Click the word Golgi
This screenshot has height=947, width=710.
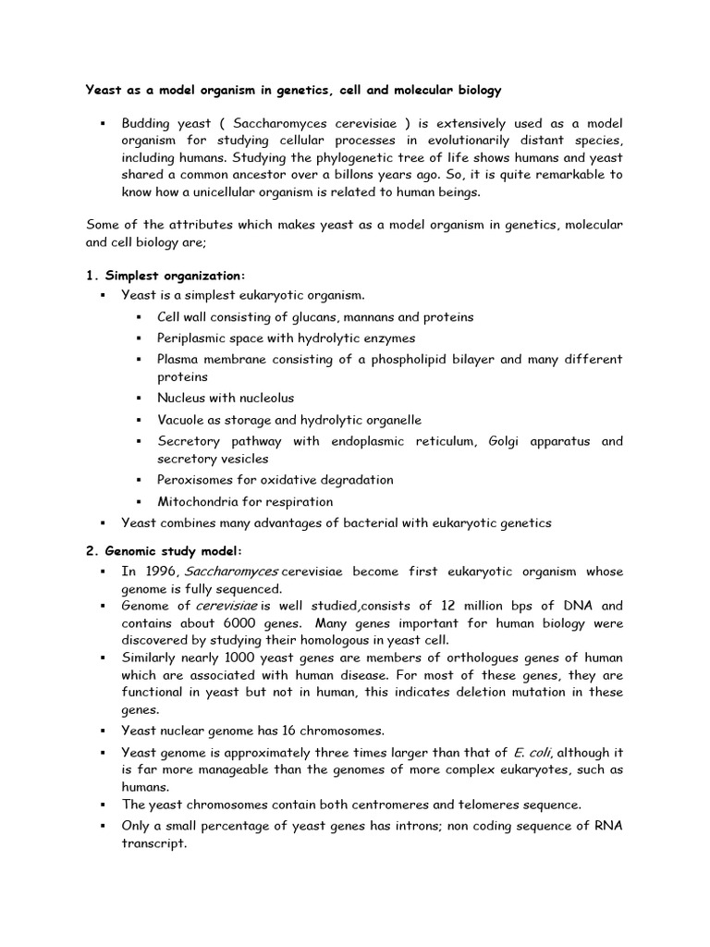[x=501, y=442]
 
